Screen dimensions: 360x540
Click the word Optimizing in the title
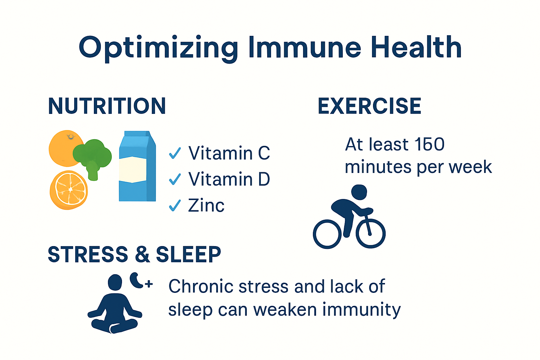point(158,47)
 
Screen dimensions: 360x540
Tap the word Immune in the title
point(304,47)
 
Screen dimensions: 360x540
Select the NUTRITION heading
point(107,106)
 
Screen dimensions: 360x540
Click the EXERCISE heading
point(369,106)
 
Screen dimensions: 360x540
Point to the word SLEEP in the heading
point(188,255)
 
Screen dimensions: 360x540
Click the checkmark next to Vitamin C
point(175,153)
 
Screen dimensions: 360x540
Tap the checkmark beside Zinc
point(175,205)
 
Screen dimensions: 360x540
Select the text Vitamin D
point(229,179)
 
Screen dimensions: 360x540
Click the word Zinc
point(206,206)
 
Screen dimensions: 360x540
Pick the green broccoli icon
point(92,157)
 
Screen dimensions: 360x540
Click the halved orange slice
point(69,190)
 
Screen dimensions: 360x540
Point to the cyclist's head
point(359,192)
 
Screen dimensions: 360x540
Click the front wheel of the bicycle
point(371,233)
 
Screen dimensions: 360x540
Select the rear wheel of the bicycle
point(327,234)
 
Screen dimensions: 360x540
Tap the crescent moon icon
point(136,280)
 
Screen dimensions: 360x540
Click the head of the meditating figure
point(115,283)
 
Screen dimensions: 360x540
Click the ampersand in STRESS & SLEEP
point(142,255)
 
